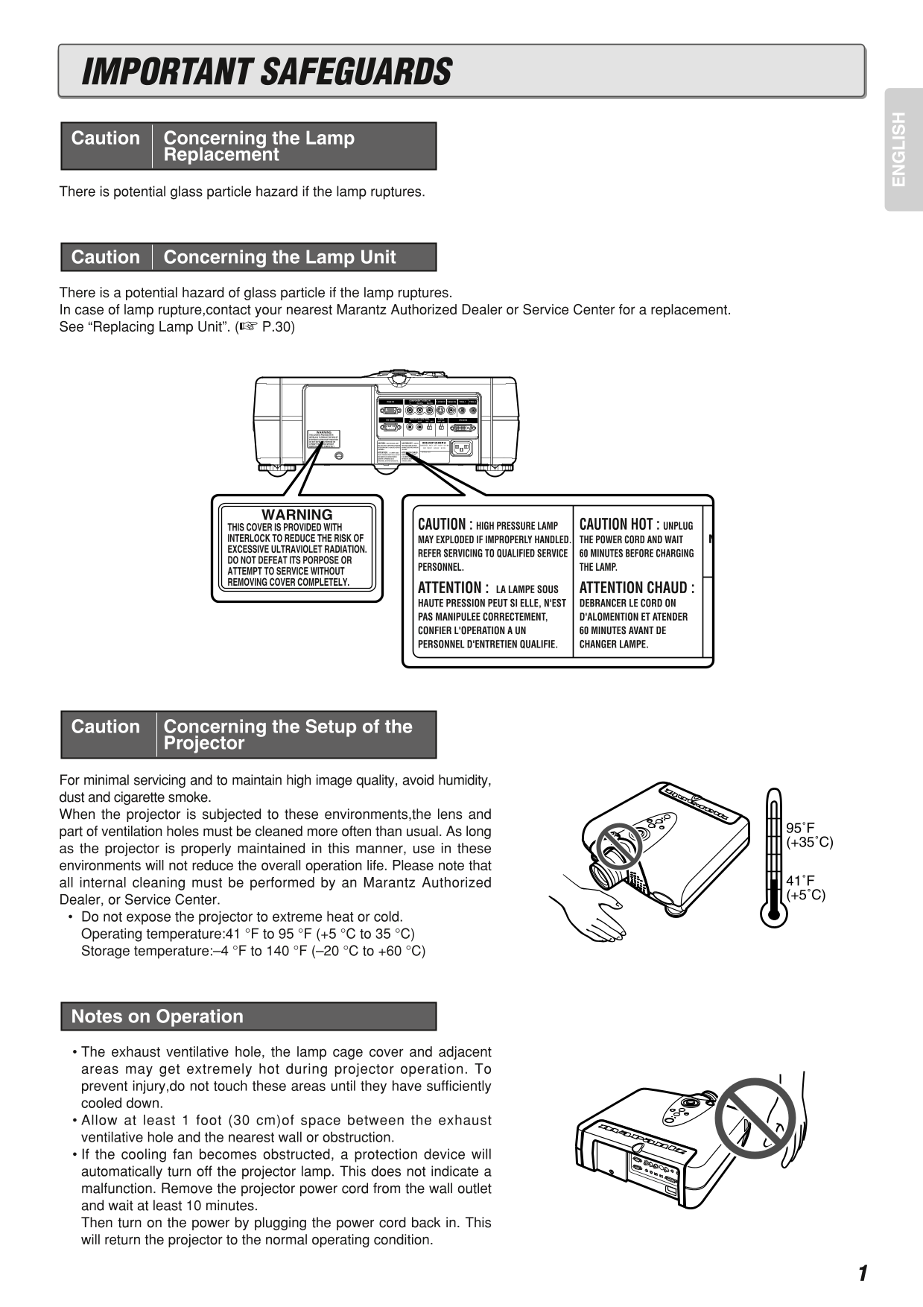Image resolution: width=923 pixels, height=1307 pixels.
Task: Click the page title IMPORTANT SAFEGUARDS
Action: (267, 72)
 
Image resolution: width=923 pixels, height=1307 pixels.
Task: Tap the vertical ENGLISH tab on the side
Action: (900, 149)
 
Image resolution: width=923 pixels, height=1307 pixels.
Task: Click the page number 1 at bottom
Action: (862, 1273)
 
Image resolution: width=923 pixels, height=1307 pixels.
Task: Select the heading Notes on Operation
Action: (157, 1016)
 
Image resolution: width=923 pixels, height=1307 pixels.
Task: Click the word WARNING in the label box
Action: (296, 514)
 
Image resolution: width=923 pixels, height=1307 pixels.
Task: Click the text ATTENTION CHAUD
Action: (636, 587)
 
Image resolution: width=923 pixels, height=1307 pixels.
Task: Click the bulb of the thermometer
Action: (773, 913)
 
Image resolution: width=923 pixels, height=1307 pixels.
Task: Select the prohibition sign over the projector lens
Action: (618, 846)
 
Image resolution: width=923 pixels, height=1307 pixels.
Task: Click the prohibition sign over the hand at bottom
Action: (755, 1114)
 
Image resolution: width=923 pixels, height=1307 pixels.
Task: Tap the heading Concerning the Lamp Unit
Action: (279, 257)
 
